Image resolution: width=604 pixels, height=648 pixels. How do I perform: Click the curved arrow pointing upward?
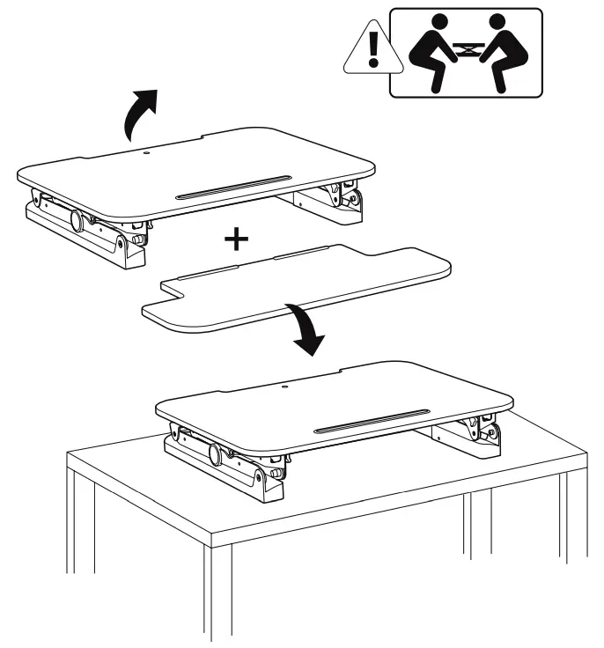(x=140, y=113)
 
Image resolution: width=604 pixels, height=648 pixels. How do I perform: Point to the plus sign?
(x=235, y=239)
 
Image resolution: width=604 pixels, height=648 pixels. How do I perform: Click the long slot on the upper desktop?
(x=232, y=188)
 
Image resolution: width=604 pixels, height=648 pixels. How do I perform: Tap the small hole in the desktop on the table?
(x=284, y=384)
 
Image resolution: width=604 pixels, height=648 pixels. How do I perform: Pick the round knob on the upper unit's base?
(x=77, y=221)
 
